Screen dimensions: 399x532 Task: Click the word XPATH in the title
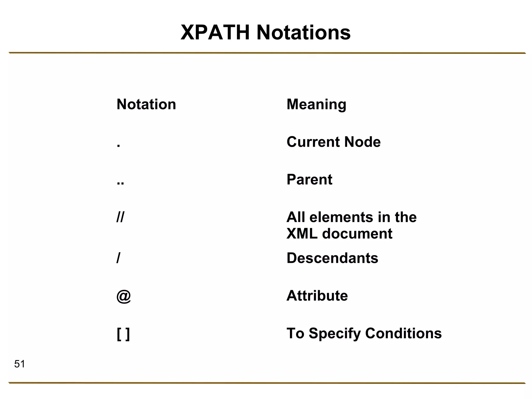click(x=215, y=33)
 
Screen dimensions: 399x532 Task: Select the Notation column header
click(x=146, y=104)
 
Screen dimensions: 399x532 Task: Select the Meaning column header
click(x=316, y=104)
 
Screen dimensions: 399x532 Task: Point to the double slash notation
click(x=121, y=217)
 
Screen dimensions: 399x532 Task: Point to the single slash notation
click(x=118, y=258)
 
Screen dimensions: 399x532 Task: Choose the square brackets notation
click(x=123, y=334)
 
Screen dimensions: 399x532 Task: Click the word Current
click(x=313, y=142)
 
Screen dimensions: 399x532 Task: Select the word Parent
click(x=309, y=179)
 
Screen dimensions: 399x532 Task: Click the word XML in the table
click(x=302, y=234)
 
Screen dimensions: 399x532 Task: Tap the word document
click(x=357, y=234)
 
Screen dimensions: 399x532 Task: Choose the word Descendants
click(x=332, y=258)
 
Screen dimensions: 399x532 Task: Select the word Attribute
click(x=317, y=296)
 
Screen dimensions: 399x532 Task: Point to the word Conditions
click(x=403, y=333)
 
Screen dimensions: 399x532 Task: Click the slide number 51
click(x=19, y=364)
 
